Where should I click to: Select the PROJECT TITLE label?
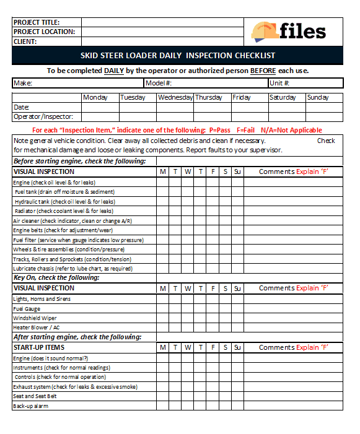37,22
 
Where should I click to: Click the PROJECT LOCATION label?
44,32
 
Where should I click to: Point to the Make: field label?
23,83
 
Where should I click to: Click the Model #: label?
159,83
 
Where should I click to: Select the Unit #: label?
280,83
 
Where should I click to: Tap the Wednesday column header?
175,97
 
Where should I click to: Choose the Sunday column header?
318,97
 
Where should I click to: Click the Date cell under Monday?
100,107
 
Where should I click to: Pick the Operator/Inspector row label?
43,116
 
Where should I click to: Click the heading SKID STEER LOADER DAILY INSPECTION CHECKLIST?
178,56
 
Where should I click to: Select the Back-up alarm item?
30,406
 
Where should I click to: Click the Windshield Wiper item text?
35,318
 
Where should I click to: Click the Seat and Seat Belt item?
35,396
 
